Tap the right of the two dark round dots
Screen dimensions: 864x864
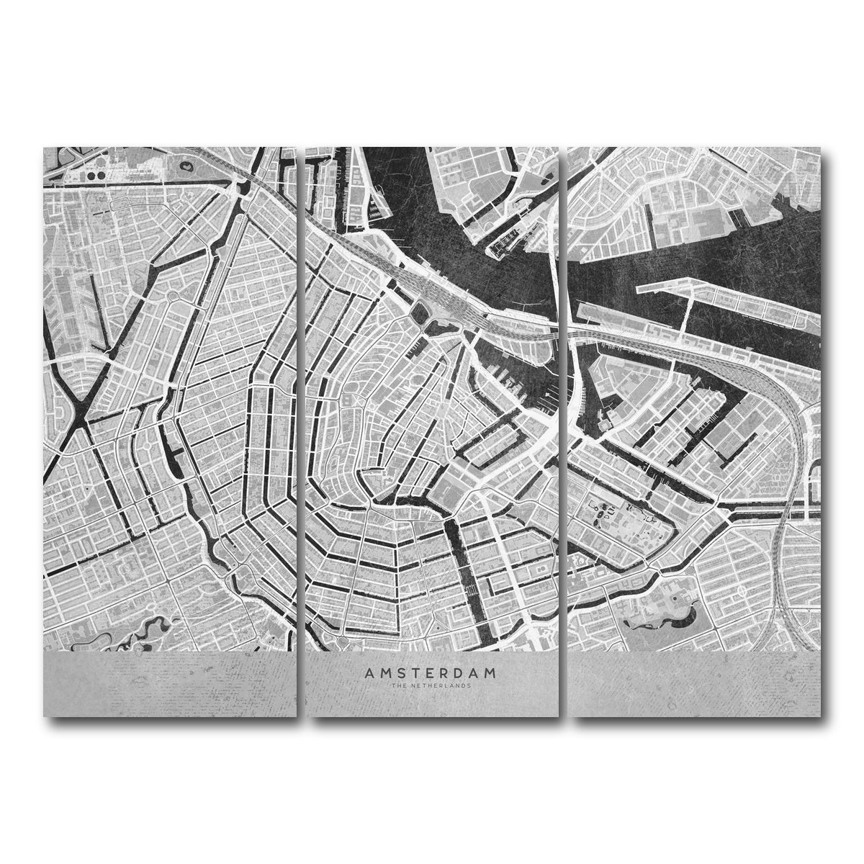point(99,175)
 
